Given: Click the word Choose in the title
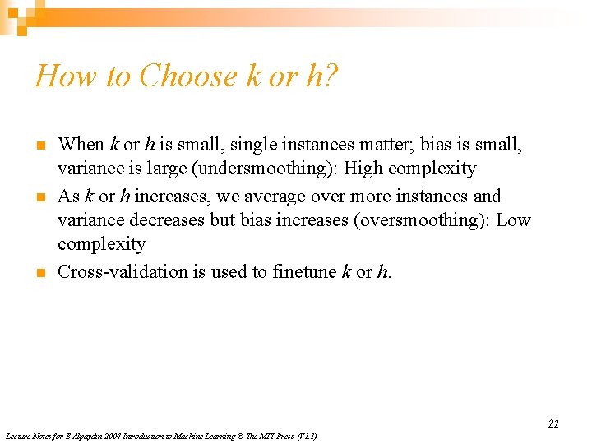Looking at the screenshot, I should pyautogui.click(x=188, y=76).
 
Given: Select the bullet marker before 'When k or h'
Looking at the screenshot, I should pyautogui.click(x=38, y=146).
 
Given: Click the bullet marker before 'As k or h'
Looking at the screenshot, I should pyautogui.click(x=38, y=197).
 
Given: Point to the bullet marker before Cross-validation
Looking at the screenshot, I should pyautogui.click(x=38, y=272).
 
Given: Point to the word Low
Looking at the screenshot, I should pyautogui.click(x=515, y=220).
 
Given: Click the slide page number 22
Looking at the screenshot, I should pyautogui.click(x=553, y=423).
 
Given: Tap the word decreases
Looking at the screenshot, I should pyautogui.click(x=168, y=220).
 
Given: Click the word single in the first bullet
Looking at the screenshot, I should pyautogui.click(x=251, y=145).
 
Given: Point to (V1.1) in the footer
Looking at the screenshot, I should pyautogui.click(x=305, y=436).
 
